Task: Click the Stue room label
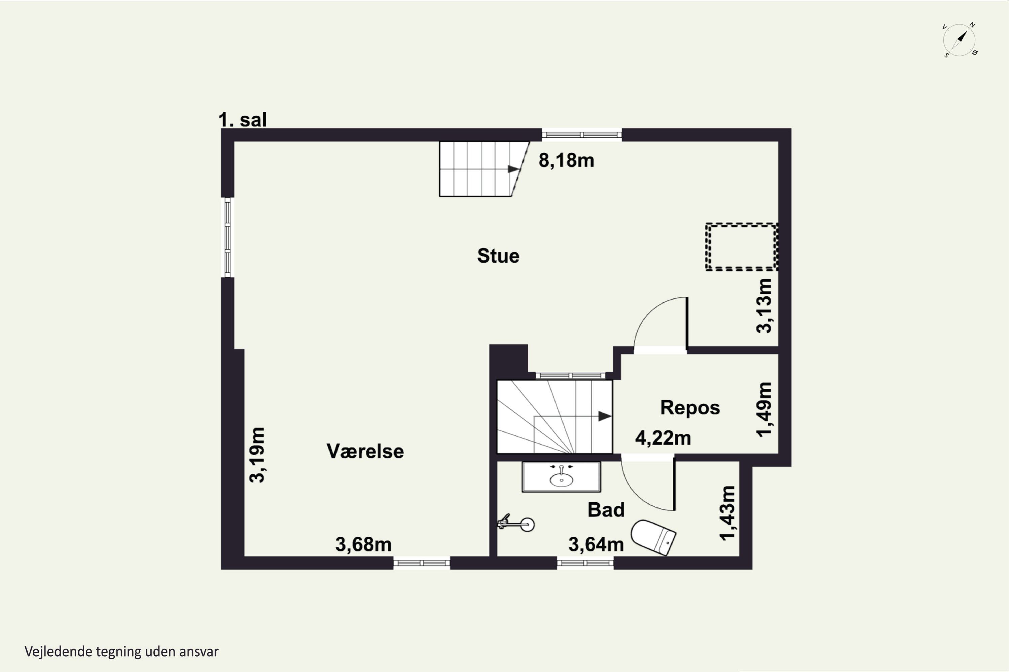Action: click(498, 256)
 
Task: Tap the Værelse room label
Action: click(365, 451)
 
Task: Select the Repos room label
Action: click(690, 408)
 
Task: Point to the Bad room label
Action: click(606, 510)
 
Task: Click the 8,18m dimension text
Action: click(566, 160)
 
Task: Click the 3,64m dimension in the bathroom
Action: click(596, 544)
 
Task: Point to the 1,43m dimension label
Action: click(727, 513)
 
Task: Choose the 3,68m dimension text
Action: click(363, 544)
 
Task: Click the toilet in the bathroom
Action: click(653, 537)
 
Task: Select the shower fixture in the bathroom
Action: click(516, 523)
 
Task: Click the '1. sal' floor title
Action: click(242, 120)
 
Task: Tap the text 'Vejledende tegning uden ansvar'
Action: click(121, 652)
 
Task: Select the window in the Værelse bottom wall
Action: click(421, 563)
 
